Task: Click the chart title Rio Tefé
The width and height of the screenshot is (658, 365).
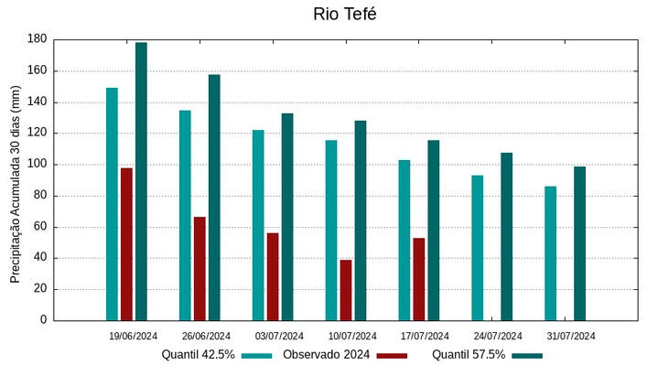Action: tap(344, 14)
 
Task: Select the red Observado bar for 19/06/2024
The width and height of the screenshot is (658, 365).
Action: tap(126, 243)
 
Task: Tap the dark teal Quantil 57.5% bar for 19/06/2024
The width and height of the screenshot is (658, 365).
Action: tap(141, 181)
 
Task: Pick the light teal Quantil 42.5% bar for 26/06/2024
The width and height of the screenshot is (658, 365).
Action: tap(185, 215)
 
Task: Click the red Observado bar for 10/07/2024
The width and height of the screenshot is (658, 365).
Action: tap(346, 289)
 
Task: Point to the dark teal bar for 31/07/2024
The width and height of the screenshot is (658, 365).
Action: tap(579, 243)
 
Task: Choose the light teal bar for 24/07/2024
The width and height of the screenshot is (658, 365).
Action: tap(477, 247)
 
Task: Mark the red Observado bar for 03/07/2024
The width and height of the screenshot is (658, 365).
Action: tap(273, 276)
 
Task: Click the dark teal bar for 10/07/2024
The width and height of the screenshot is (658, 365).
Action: tap(361, 220)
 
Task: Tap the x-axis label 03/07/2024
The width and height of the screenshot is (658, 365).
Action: tap(279, 336)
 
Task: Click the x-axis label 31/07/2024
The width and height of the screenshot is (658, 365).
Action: tap(571, 336)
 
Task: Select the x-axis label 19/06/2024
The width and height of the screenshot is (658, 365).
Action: tap(133, 336)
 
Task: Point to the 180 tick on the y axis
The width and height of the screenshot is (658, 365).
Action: tap(37, 39)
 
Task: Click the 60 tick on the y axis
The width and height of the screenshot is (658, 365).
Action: tap(39, 227)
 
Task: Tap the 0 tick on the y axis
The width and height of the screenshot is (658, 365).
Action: tap(43, 320)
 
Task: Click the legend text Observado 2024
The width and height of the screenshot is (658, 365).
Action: tap(326, 355)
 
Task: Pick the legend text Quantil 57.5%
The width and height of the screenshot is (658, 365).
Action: tap(469, 355)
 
